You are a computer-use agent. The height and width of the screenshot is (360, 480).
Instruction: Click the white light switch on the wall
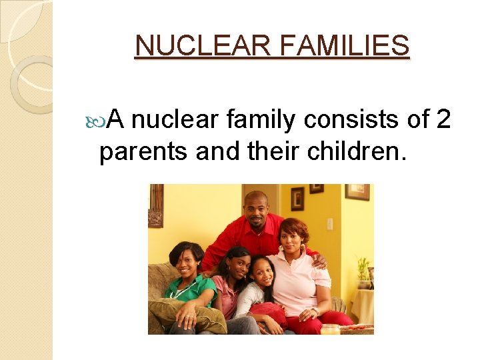click(x=329, y=224)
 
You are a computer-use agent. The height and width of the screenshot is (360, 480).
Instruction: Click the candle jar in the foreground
click(x=330, y=328)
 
